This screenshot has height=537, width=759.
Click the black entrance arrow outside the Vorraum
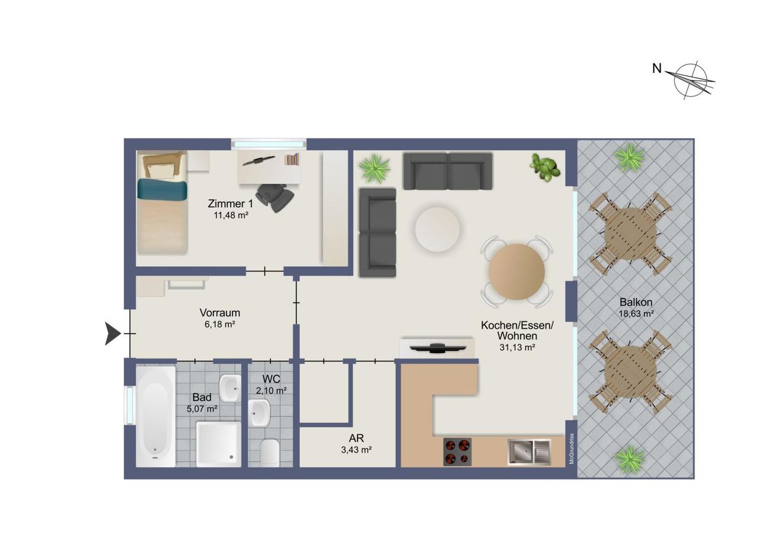click(113, 333)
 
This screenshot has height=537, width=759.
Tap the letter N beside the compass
click(656, 69)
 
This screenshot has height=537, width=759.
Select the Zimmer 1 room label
click(231, 204)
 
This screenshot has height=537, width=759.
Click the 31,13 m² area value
click(517, 347)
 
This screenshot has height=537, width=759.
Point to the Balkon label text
click(636, 301)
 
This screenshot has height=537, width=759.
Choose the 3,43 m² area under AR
click(356, 450)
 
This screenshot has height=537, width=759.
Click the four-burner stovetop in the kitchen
click(457, 452)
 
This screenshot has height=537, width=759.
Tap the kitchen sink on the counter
click(529, 452)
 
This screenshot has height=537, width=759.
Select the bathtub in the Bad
click(155, 416)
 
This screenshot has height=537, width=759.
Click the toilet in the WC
click(270, 453)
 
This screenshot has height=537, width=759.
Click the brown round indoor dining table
click(516, 272)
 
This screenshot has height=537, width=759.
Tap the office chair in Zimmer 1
click(275, 198)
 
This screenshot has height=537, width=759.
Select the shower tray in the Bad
click(219, 444)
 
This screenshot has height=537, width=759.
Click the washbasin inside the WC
click(259, 412)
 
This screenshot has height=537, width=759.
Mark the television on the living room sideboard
click(437, 348)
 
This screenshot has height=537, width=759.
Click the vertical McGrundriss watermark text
click(572, 449)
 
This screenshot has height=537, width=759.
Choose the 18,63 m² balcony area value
click(636, 314)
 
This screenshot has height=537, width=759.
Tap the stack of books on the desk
click(292, 160)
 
